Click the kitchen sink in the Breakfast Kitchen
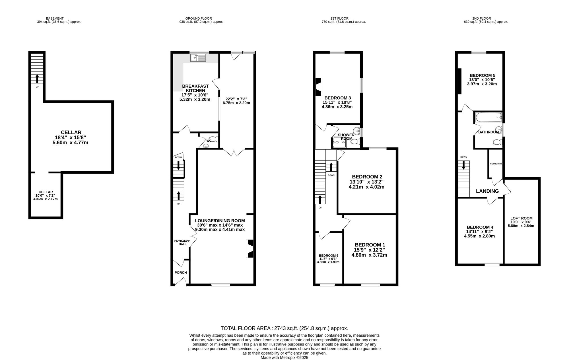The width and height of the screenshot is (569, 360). click(198, 58)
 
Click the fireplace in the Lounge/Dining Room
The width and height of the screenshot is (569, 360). click(250, 249)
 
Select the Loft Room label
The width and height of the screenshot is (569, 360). click(521, 218)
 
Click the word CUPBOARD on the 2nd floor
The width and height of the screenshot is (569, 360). click(496, 164)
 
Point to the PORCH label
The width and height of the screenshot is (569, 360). click(181, 273)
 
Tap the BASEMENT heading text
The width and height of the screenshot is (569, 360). click(55, 18)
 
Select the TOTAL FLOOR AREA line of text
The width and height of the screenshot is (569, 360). click(284, 328)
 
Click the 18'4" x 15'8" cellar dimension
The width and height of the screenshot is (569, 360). click(71, 137)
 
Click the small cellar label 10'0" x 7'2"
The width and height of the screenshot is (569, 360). click(45, 196)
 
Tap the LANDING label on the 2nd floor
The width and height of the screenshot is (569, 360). click(487, 191)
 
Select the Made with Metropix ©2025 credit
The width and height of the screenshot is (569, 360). click(284, 358)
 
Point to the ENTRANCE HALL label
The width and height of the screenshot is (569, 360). click(182, 242)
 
